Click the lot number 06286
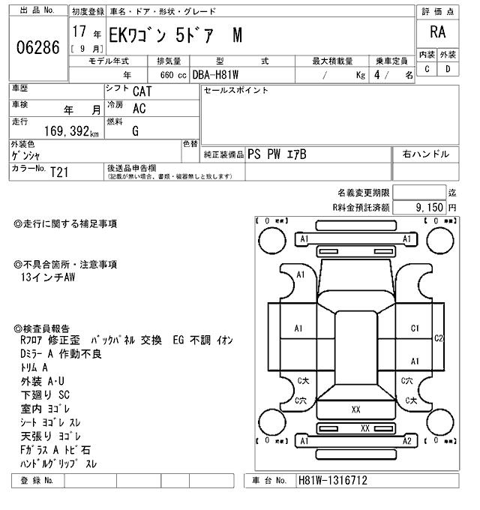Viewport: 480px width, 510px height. coord(37,48)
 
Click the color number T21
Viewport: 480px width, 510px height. coord(59,171)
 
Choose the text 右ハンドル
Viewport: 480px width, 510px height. coord(425,154)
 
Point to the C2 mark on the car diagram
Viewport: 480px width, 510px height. coord(439,337)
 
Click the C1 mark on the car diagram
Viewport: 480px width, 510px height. coord(415,328)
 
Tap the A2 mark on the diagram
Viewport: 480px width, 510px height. coord(407,442)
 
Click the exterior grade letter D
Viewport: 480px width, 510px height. coord(447,69)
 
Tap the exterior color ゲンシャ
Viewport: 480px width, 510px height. coord(26,155)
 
